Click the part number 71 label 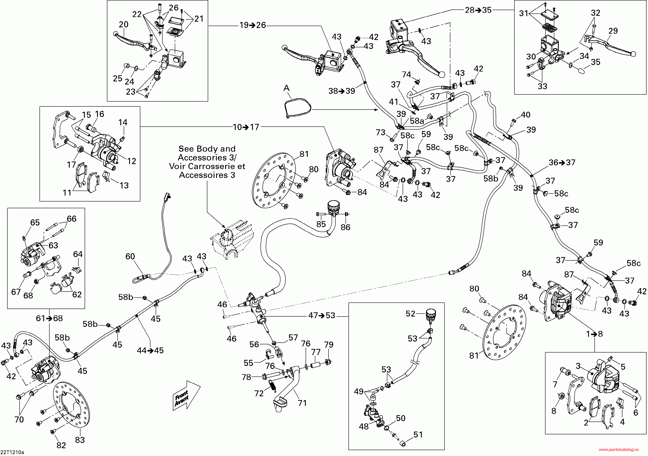[302, 403]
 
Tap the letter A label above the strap [287, 88]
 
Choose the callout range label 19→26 [253, 25]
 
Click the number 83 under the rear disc [80, 440]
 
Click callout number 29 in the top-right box [613, 30]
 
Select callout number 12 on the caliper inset [131, 161]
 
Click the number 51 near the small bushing [418, 435]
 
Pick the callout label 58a [417, 121]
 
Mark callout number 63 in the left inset [53, 245]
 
